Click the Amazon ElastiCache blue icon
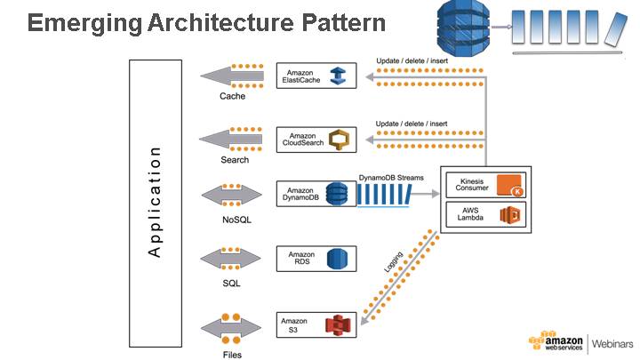point(338,76)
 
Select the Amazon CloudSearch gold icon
point(338,139)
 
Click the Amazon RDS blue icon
point(336,259)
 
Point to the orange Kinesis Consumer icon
point(508,186)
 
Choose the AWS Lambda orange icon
point(508,214)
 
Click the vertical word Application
point(156,202)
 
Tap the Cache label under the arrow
point(232,96)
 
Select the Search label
point(235,160)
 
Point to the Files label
point(232,354)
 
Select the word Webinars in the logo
point(612,342)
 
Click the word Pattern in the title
point(340,22)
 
